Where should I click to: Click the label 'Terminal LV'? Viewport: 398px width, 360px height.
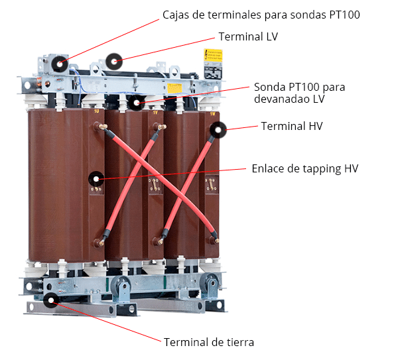(248, 36)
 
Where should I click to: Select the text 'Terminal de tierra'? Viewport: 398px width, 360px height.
(209, 342)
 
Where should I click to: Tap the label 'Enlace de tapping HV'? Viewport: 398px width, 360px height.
(305, 168)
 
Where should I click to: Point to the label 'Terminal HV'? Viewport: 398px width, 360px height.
(292, 126)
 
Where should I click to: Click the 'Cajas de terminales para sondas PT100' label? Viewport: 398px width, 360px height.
(261, 15)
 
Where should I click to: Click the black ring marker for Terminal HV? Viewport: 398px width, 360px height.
(218, 130)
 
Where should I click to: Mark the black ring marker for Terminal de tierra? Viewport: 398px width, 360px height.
(51, 300)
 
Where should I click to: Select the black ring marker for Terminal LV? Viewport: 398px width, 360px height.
(114, 62)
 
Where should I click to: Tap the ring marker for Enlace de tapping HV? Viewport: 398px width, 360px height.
(96, 179)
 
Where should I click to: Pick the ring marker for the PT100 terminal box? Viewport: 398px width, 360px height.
(60, 64)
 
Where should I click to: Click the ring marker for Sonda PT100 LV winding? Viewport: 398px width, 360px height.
(137, 103)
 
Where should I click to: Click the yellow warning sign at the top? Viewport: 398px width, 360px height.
(213, 56)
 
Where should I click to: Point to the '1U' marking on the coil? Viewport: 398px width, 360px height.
(97, 111)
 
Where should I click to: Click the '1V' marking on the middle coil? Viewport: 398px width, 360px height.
(155, 113)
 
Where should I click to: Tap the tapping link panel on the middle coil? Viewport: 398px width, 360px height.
(155, 184)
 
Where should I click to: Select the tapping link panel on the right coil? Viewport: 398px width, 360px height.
(212, 184)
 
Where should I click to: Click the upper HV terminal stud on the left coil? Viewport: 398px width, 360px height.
(100, 126)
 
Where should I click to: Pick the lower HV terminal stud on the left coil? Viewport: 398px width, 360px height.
(99, 243)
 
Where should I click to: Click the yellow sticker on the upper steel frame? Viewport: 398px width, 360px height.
(174, 88)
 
